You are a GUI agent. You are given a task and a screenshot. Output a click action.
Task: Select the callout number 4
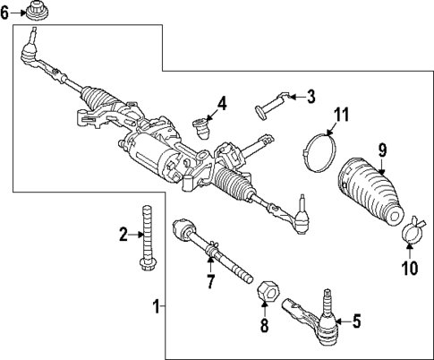click(x=221, y=104)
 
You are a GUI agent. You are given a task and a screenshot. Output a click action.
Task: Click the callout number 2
click(x=124, y=235)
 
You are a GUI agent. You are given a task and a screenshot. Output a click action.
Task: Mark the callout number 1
click(x=157, y=307)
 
